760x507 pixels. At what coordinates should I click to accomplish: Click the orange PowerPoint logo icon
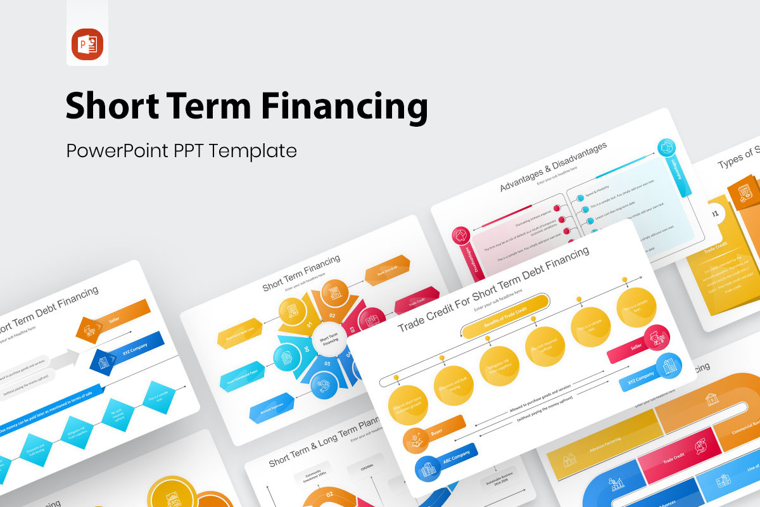pyautogui.click(x=87, y=44)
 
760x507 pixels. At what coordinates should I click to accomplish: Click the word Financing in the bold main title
pyautogui.click(x=345, y=106)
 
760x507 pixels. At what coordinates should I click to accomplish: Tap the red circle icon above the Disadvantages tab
pyautogui.click(x=462, y=236)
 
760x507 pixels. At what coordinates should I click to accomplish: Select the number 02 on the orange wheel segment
pyautogui.click(x=331, y=314)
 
